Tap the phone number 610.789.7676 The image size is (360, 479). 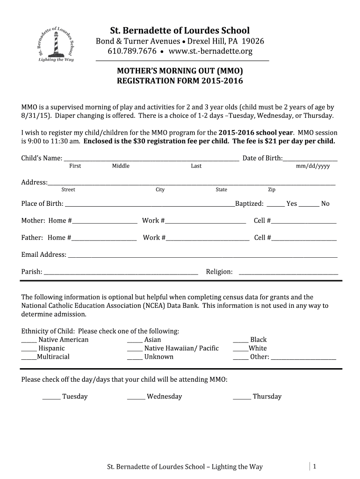(132, 51)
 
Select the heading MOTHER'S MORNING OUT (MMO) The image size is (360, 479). (180, 71)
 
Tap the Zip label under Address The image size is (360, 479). (271, 189)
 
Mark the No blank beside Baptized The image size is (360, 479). (309, 204)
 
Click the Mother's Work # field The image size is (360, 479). (205, 222)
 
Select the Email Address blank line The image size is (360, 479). (202, 256)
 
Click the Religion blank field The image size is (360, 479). (288, 273)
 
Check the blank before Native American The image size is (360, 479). (29, 341)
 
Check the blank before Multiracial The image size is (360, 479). (29, 358)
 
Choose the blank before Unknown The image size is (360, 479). (135, 358)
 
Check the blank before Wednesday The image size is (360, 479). (136, 398)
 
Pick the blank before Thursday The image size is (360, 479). (242, 398)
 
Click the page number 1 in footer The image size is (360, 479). (315, 466)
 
